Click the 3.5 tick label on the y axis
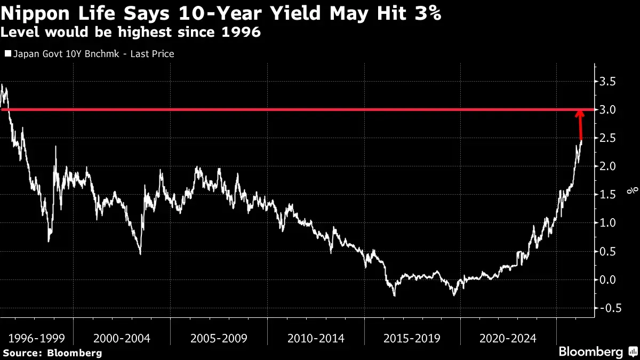click(607, 82)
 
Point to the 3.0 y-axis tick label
click(607, 110)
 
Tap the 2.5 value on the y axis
click(607, 138)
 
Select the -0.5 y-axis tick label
click(611, 308)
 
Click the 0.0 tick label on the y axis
click(607, 279)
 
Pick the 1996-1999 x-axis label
click(37, 339)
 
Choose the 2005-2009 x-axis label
click(219, 339)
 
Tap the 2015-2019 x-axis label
click(412, 339)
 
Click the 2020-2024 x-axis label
click(508, 339)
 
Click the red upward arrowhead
click(580, 114)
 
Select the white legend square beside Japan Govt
click(8, 53)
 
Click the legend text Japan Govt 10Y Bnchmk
click(66, 54)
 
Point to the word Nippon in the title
click(35, 14)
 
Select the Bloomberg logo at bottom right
click(598, 351)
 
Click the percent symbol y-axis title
click(632, 190)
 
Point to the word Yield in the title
click(295, 13)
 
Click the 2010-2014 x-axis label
click(316, 339)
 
